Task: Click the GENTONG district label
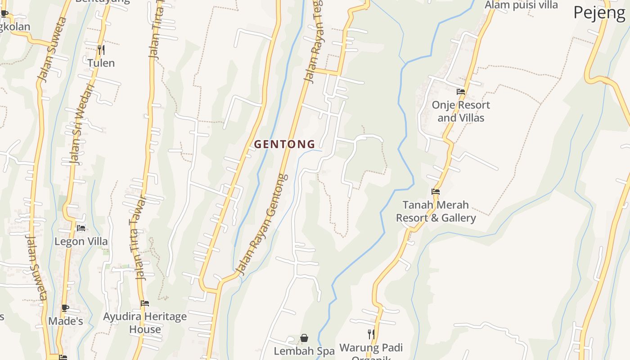pyautogui.click(x=284, y=144)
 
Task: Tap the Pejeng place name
pyautogui.click(x=599, y=13)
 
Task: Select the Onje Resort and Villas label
pyautogui.click(x=461, y=111)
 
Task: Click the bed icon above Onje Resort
pyautogui.click(x=461, y=91)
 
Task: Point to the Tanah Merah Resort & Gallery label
pyautogui.click(x=436, y=211)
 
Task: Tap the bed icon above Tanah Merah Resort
pyautogui.click(x=436, y=191)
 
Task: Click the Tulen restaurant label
pyautogui.click(x=101, y=63)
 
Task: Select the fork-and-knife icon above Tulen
pyautogui.click(x=101, y=49)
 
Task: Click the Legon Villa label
pyautogui.click(x=81, y=242)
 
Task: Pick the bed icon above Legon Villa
pyautogui.click(x=81, y=228)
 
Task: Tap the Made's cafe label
pyautogui.click(x=66, y=321)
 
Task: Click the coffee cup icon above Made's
pyautogui.click(x=65, y=308)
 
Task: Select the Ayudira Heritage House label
pyautogui.click(x=145, y=323)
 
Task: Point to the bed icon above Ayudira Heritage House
pyautogui.click(x=145, y=303)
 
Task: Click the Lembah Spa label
pyautogui.click(x=304, y=351)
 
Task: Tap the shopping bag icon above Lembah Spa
pyautogui.click(x=304, y=338)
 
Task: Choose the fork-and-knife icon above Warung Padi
pyautogui.click(x=371, y=334)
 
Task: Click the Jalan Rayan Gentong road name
pyautogui.click(x=262, y=225)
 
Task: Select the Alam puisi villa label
pyautogui.click(x=521, y=5)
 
